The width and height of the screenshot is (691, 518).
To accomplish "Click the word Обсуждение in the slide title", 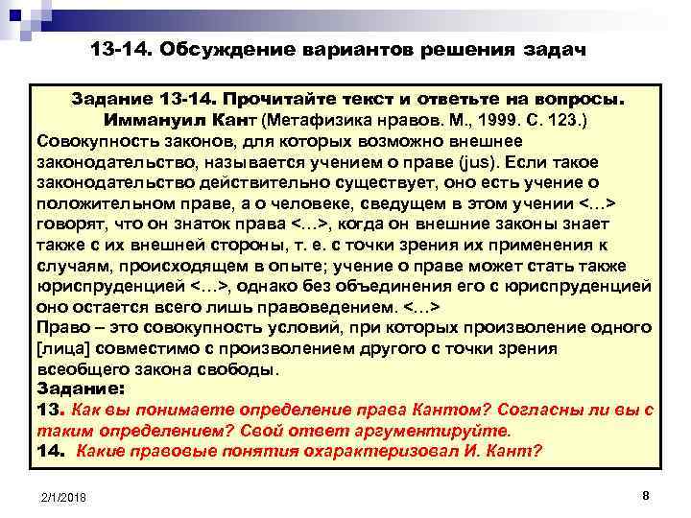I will click(224, 48).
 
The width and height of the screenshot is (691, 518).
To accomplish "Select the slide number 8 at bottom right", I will click(645, 495).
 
